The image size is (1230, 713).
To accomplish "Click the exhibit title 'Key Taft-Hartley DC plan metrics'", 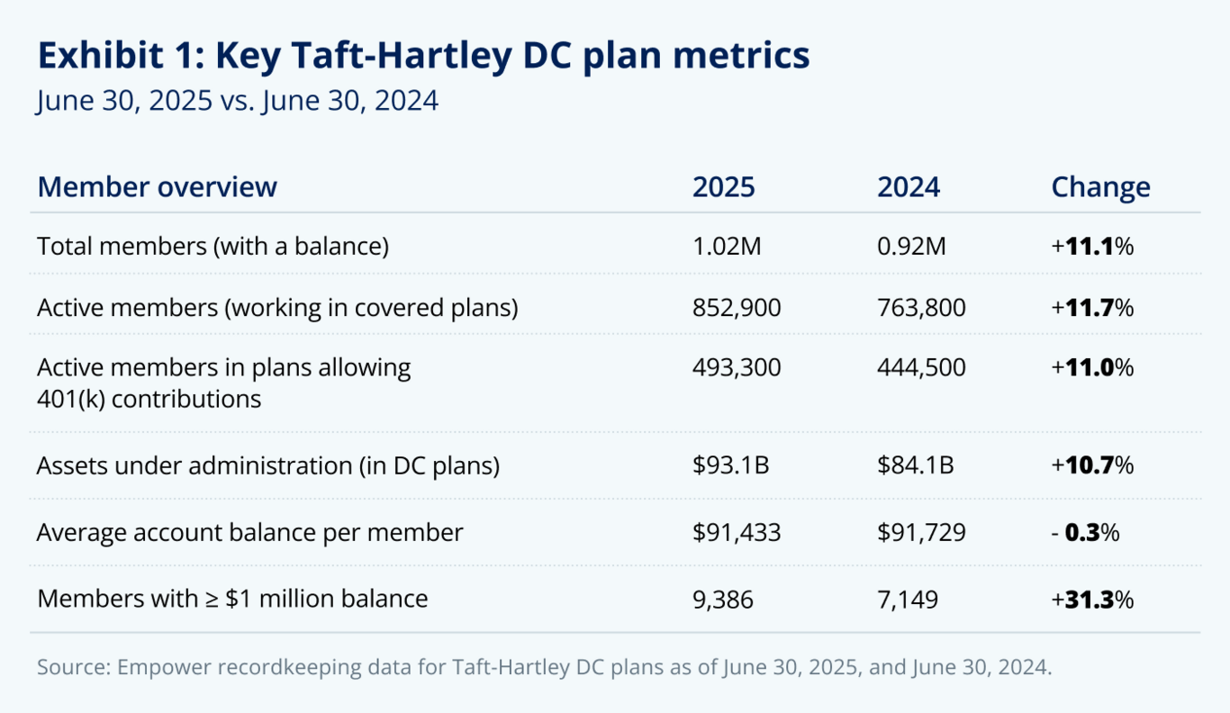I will [x=423, y=56].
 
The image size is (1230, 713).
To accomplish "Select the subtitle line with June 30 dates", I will [x=238, y=100].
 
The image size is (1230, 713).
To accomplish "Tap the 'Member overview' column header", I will [x=158, y=187].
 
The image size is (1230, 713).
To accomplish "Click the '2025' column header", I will [x=723, y=187].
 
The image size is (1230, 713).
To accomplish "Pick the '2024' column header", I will [x=908, y=187].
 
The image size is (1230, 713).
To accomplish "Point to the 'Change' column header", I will [x=1100, y=187].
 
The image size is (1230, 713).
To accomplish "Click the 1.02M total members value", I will [x=727, y=247].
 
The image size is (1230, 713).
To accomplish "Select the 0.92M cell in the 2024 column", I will [x=911, y=247].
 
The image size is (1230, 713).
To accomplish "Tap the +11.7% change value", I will [x=1091, y=308].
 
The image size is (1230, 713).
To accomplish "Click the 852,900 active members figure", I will [x=737, y=308].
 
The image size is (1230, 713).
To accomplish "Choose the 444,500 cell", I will [x=921, y=368].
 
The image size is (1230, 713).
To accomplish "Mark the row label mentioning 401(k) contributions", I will [x=223, y=383].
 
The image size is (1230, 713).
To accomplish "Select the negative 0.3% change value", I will [x=1085, y=533].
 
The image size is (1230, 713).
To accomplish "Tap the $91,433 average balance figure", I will [x=737, y=533].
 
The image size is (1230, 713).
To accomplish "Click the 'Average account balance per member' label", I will [x=249, y=533].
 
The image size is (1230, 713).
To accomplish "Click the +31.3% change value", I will [x=1091, y=599].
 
